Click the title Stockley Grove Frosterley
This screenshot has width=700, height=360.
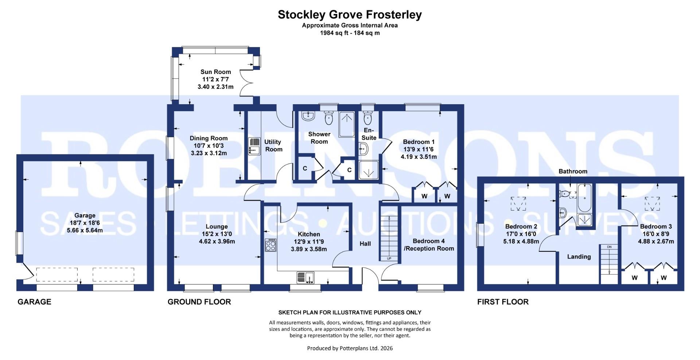coord(350,15)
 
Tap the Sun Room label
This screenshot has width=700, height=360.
coord(215,72)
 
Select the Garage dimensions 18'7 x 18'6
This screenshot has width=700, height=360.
coord(85,223)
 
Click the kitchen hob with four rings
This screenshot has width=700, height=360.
coord(271,245)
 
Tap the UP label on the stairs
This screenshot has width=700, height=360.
coord(389,258)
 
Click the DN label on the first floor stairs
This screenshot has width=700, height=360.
coord(609,247)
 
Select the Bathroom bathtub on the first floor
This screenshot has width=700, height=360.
coord(585,198)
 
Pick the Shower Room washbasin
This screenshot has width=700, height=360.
coord(308,116)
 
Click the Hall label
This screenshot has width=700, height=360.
coord(365,243)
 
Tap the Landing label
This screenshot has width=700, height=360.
coord(579,257)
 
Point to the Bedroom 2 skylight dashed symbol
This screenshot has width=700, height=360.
coord(518,203)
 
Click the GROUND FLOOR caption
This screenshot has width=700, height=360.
coord(199,302)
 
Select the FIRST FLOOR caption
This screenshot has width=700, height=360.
coord(503,302)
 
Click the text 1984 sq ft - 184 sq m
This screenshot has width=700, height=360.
coord(350,33)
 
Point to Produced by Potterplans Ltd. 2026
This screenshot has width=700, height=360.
coord(350,348)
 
